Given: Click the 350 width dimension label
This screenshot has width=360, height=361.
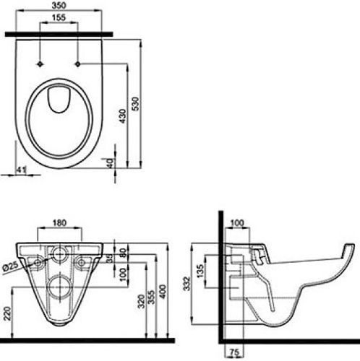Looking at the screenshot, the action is coord(59,6).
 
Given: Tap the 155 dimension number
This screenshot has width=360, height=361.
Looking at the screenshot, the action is coord(59,17).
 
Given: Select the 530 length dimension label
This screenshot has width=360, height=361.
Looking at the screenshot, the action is coord(136,104).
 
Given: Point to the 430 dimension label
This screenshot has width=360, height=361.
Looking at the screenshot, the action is coord(123,116).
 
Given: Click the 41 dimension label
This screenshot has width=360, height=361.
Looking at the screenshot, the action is coord(21,170).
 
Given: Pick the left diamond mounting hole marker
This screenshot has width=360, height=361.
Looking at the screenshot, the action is coord(40,64).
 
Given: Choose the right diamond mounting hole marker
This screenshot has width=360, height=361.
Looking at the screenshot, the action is coord(78,64).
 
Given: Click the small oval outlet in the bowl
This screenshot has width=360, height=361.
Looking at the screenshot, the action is coord(59,100).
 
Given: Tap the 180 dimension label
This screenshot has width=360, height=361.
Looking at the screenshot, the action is coord(59,223).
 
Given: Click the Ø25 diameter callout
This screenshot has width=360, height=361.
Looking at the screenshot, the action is coord(11,266).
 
